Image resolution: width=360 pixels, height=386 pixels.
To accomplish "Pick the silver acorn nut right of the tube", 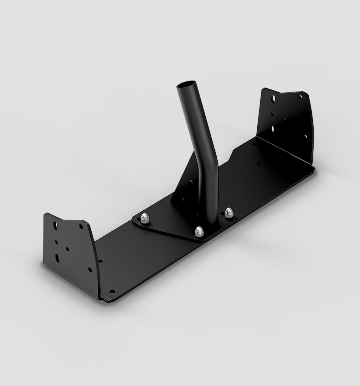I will (228, 212).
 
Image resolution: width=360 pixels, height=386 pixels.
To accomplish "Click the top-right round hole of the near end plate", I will (81, 227).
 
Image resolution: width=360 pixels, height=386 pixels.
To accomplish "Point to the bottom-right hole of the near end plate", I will (89, 270).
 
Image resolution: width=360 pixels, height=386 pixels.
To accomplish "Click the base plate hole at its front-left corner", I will (112, 291).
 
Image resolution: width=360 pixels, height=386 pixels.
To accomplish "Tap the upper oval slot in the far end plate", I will (272, 100).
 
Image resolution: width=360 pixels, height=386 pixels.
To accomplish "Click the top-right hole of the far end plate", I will (300, 96).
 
